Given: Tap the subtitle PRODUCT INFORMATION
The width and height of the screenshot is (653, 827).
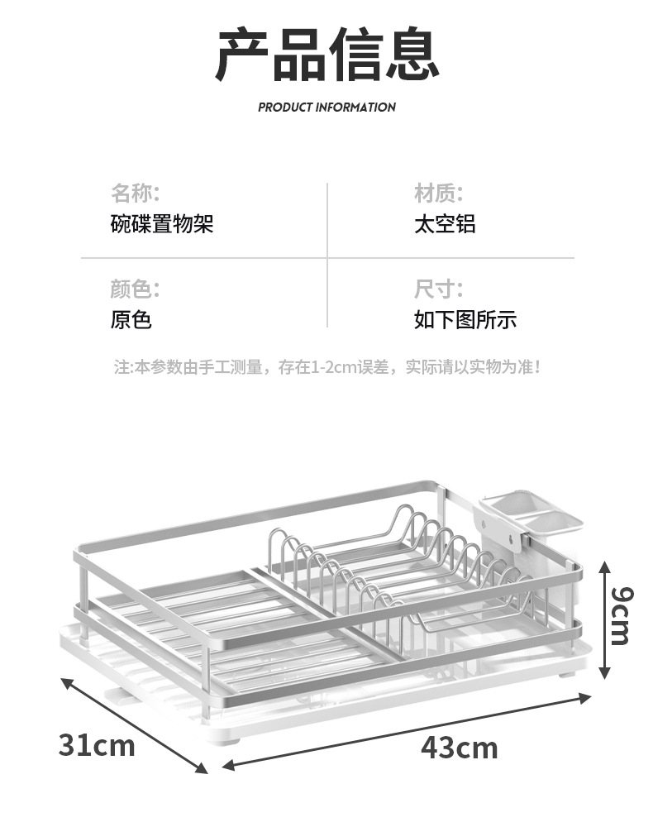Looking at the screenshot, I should click(326, 107).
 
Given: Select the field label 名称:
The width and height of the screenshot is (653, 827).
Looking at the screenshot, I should click(135, 194).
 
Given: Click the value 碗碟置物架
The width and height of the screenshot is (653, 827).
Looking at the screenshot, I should click(162, 224).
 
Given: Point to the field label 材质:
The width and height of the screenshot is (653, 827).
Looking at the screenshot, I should click(438, 194).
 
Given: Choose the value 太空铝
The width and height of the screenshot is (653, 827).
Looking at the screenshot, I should click(445, 224).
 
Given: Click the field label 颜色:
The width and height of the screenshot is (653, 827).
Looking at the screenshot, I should click(135, 289).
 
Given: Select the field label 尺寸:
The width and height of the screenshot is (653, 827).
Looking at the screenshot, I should click(438, 289).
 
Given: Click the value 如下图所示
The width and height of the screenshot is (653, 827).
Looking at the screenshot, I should click(465, 320).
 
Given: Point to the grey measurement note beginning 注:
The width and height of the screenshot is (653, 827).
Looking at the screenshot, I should click(326, 366).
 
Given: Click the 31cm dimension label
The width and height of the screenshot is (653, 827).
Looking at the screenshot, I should click(96, 744).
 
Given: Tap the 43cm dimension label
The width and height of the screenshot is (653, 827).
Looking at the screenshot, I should click(460, 748).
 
